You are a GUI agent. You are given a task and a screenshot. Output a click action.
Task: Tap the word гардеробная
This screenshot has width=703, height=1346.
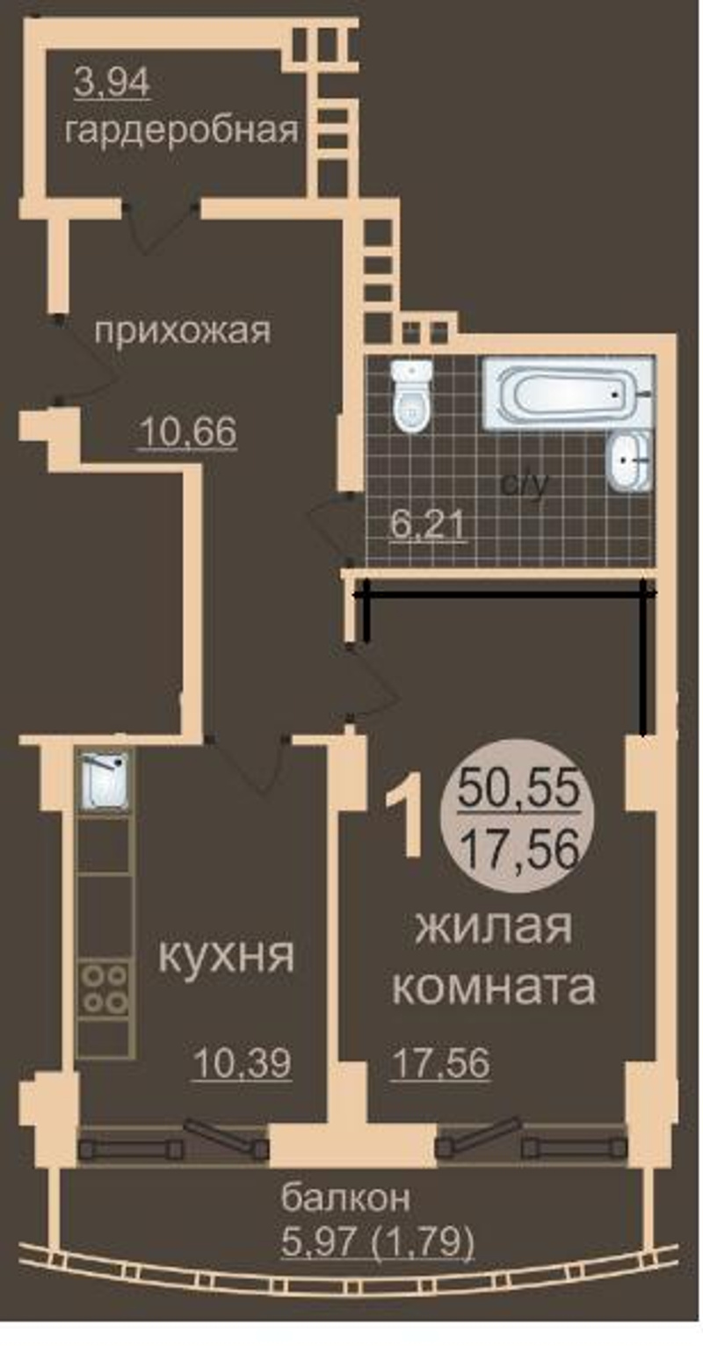coord(181,130)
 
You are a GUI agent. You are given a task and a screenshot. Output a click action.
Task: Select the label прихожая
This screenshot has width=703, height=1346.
coord(183,331)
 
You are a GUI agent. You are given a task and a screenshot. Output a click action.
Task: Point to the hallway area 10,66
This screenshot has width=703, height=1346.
coord(187,431)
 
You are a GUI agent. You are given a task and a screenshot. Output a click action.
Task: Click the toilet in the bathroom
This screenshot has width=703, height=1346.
coord(412,396)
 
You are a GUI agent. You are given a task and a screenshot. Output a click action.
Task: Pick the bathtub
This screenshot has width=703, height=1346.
coord(569,394)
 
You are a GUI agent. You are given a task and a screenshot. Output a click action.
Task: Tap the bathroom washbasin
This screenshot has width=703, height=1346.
coord(628,461)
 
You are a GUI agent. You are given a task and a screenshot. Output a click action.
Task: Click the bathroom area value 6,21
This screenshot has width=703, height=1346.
coord(426,525)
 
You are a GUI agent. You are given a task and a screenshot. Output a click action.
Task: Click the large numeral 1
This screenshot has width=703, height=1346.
coord(406,821)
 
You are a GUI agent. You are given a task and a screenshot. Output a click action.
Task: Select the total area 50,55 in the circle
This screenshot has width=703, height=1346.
coord(518,789)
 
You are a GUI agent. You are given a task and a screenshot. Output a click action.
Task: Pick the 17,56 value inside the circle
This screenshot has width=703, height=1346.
coord(518,849)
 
